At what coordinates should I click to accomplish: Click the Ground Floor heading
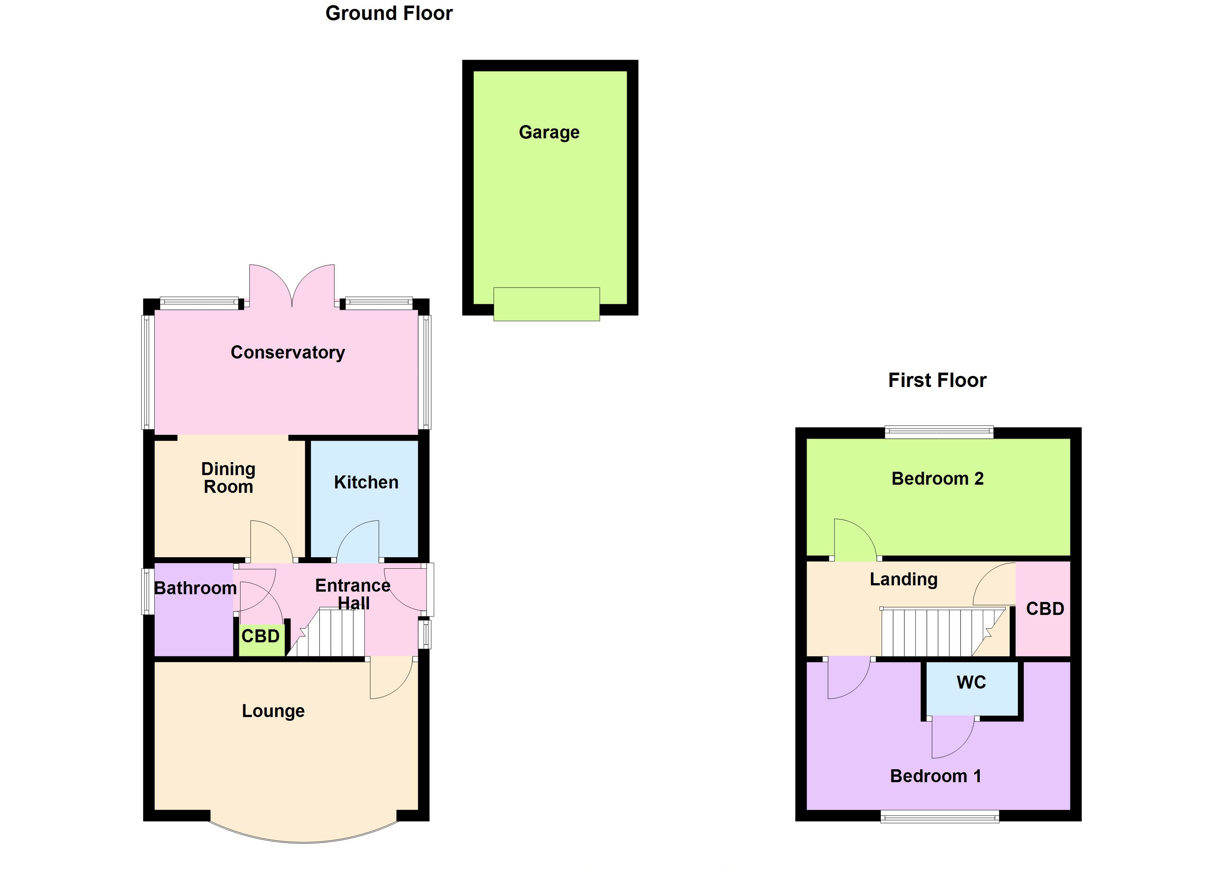(389, 13)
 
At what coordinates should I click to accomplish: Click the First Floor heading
(937, 380)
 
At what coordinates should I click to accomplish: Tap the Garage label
(549, 132)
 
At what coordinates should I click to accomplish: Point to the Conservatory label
(287, 352)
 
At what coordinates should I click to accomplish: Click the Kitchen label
(366, 482)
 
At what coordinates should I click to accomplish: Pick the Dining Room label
(228, 478)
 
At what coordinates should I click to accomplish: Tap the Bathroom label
(195, 588)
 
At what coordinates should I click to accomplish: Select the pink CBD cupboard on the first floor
(1045, 609)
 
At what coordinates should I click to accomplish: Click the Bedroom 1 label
(935, 776)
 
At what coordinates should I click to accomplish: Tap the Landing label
(904, 579)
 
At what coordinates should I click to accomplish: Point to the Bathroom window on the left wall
(147, 591)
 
